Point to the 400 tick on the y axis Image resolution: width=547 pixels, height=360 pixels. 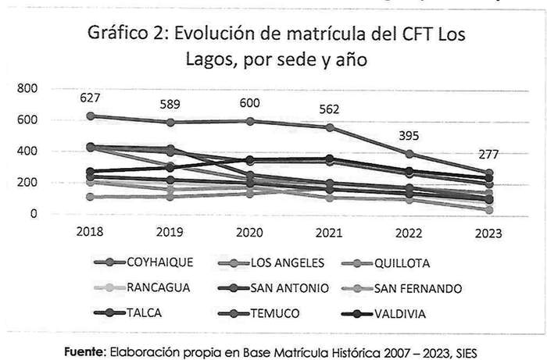click(x=28, y=151)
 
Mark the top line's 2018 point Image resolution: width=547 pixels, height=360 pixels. click(x=91, y=116)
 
